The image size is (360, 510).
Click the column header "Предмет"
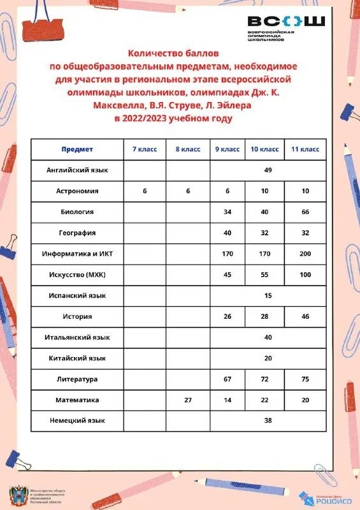[x=77, y=149]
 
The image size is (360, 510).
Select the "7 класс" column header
[x=145, y=149]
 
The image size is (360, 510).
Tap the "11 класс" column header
[x=305, y=149]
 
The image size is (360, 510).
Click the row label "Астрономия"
[x=77, y=191]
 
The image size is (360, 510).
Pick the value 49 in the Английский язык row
[x=268, y=170]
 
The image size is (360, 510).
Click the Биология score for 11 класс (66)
[x=305, y=212]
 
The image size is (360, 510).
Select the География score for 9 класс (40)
[x=227, y=233]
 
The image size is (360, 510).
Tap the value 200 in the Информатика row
[x=305, y=254]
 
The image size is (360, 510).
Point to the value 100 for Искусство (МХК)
[x=305, y=275]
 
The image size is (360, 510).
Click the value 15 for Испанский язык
[x=268, y=296]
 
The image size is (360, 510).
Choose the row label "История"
[x=77, y=316]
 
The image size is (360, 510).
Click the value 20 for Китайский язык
[x=268, y=358]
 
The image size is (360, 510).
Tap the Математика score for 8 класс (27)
[x=187, y=400]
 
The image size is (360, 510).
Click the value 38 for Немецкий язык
[x=268, y=421]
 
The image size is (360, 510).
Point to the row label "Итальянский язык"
[x=77, y=337]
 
